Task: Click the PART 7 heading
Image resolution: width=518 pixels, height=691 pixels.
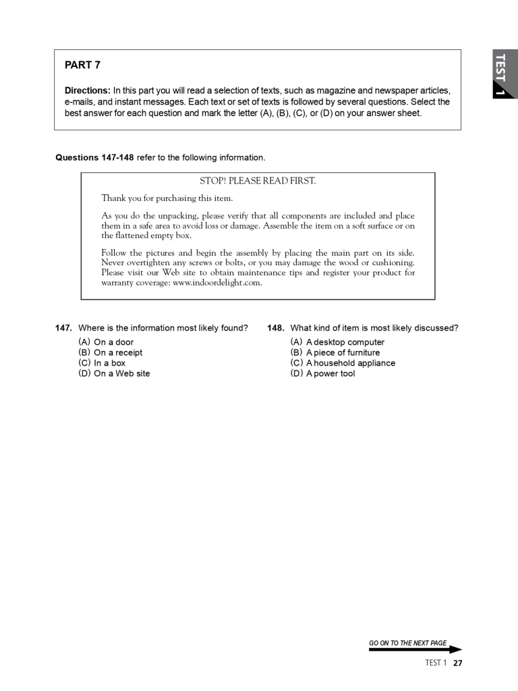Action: pyautogui.click(x=82, y=65)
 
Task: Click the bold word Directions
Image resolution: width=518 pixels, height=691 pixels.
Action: pyautogui.click(x=87, y=90)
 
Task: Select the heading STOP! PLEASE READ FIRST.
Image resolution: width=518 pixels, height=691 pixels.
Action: pyautogui.click(x=258, y=181)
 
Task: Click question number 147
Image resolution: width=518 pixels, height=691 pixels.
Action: pyautogui.click(x=63, y=328)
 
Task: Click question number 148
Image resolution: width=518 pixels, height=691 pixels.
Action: pyautogui.click(x=275, y=328)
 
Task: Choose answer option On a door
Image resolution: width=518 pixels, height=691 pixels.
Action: pyautogui.click(x=113, y=342)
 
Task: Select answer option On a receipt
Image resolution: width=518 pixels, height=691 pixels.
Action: pyautogui.click(x=117, y=352)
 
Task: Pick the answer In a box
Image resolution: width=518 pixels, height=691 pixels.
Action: pyautogui.click(x=109, y=363)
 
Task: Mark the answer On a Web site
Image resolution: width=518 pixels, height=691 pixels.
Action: pyautogui.click(x=121, y=373)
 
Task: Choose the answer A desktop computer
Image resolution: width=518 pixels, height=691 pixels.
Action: pyautogui.click(x=345, y=342)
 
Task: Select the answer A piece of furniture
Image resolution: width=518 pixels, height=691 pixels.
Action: pyautogui.click(x=343, y=352)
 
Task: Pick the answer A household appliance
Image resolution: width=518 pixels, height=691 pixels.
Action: pyautogui.click(x=350, y=363)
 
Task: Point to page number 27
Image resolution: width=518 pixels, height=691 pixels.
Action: pyautogui.click(x=457, y=663)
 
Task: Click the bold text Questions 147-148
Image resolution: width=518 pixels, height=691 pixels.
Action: pyautogui.click(x=94, y=158)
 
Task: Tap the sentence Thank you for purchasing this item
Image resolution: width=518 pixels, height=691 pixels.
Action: pyautogui.click(x=167, y=198)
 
